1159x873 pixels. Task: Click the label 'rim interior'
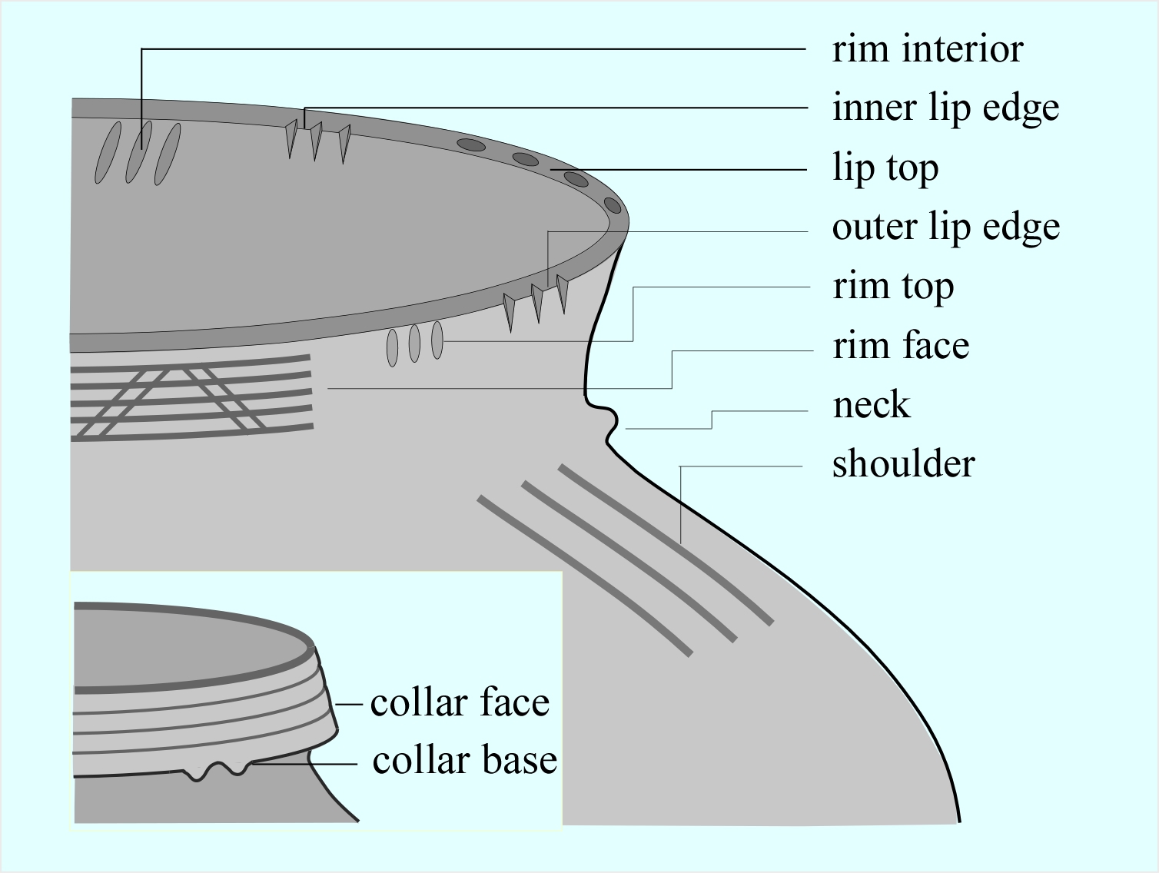tap(927, 49)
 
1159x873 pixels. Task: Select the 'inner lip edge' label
tap(945, 108)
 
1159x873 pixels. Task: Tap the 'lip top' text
tap(885, 168)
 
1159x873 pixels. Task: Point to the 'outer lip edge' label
tap(945, 227)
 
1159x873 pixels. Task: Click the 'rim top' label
tap(893, 286)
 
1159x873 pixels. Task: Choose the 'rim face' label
tap(900, 346)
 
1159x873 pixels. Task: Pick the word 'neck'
tap(871, 405)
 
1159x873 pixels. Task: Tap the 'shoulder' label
tap(903, 464)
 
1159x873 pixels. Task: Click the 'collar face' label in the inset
tap(460, 702)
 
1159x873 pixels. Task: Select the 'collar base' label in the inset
tap(464, 760)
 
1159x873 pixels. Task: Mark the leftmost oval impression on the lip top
tap(471, 144)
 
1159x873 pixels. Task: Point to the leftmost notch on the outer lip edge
tap(508, 309)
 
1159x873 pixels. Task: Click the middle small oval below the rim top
tap(414, 343)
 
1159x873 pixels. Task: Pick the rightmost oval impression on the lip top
tap(613, 205)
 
